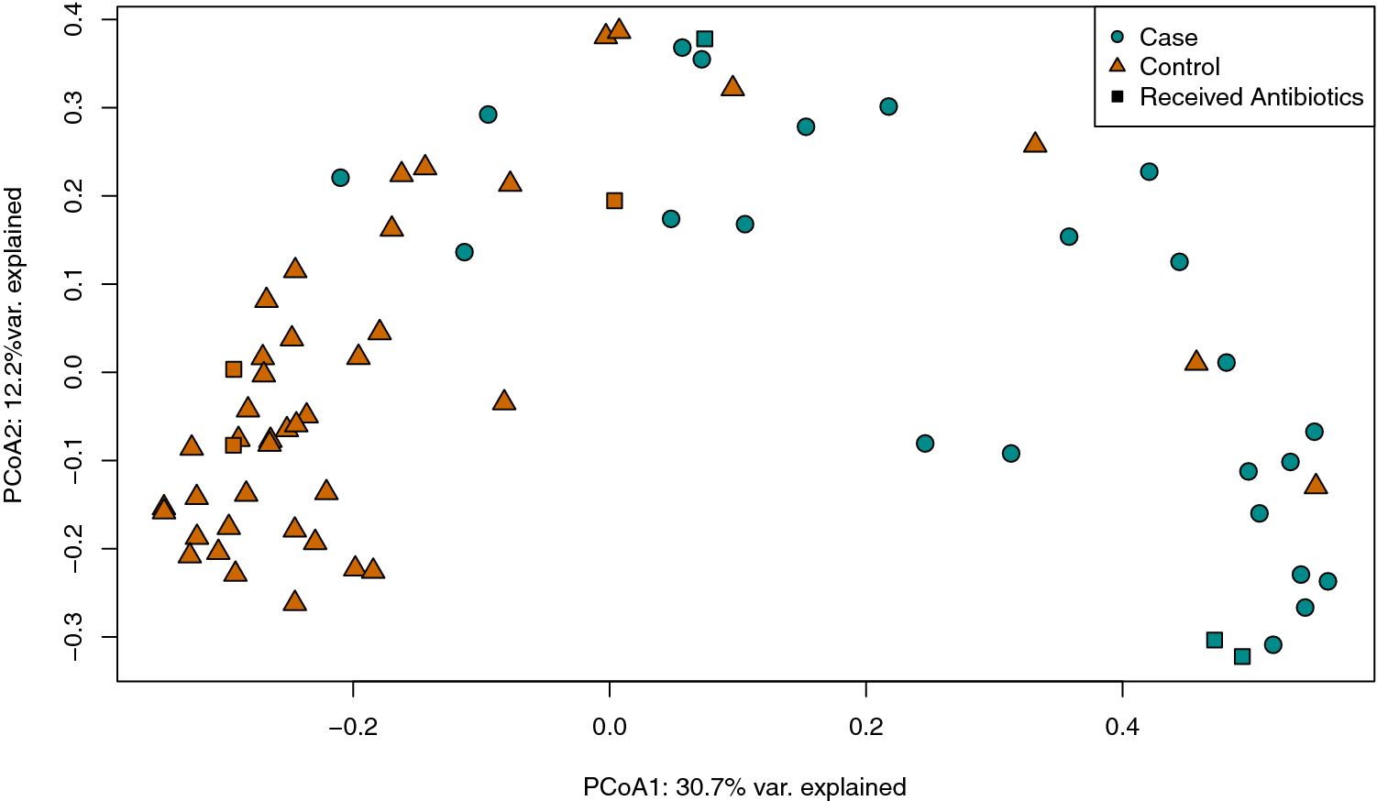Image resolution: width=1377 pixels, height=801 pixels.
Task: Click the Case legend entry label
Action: pyautogui.click(x=1168, y=38)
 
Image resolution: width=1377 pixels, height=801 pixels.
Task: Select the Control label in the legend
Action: pyautogui.click(x=1179, y=67)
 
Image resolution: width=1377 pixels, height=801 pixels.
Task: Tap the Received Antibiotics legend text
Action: pyautogui.click(x=1250, y=97)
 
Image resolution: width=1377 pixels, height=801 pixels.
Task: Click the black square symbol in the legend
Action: pyautogui.click(x=1117, y=97)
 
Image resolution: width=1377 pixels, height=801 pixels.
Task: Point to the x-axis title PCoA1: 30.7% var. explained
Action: pyautogui.click(x=744, y=787)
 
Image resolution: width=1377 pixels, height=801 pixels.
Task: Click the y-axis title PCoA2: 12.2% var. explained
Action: pyautogui.click(x=14, y=346)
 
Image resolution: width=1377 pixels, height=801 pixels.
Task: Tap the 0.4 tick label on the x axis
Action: pyautogui.click(x=1122, y=728)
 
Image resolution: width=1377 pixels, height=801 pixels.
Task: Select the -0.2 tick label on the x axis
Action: pyautogui.click(x=353, y=728)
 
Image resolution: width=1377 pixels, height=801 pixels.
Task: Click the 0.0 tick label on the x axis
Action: pyautogui.click(x=610, y=728)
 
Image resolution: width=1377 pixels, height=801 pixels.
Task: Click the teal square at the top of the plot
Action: pyautogui.click(x=705, y=39)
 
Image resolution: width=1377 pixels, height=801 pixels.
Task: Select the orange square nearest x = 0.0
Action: pyautogui.click(x=614, y=201)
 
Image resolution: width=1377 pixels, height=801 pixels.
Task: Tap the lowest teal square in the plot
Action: pyautogui.click(x=1242, y=656)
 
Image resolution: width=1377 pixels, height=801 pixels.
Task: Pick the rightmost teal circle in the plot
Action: pyautogui.click(x=1327, y=581)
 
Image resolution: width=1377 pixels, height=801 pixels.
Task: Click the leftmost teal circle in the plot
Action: pyautogui.click(x=340, y=178)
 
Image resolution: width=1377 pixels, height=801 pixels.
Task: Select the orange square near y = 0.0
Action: pyautogui.click(x=234, y=369)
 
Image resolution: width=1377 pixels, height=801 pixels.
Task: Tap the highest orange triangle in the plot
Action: pyautogui.click(x=620, y=29)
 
